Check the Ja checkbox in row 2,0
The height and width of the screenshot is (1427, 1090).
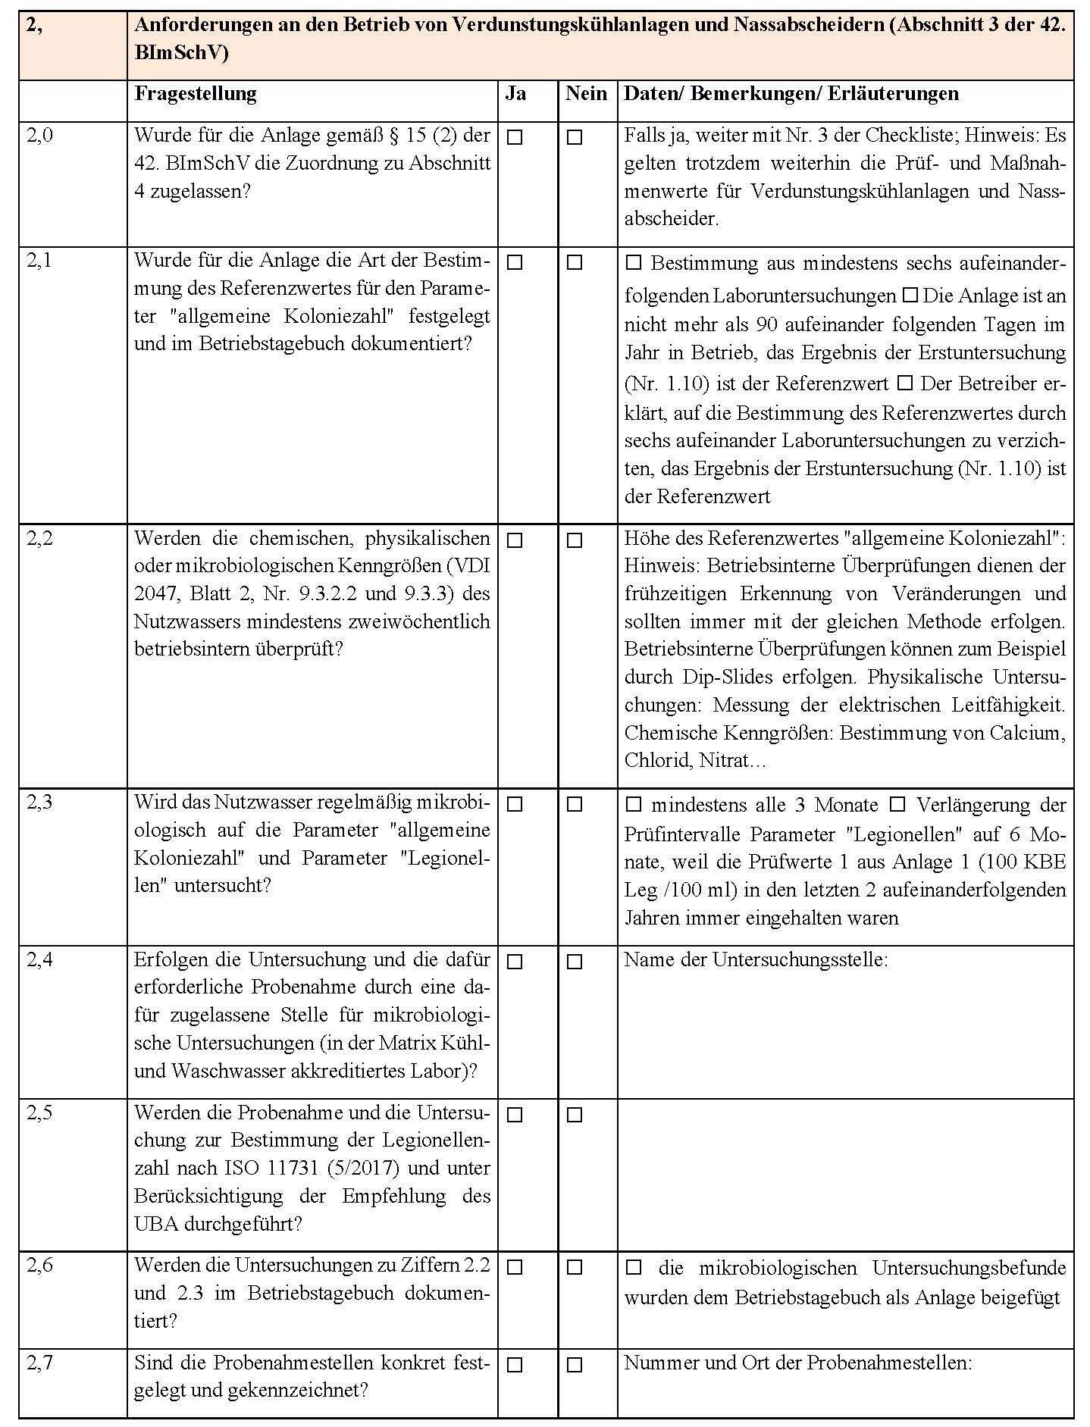[515, 138]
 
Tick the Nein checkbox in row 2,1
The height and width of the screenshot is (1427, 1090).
[575, 263]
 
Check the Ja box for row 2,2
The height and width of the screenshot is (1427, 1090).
[515, 541]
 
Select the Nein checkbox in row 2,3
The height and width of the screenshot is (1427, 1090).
[575, 805]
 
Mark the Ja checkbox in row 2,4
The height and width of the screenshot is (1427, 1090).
[515, 962]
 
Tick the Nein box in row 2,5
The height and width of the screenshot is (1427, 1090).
[575, 1116]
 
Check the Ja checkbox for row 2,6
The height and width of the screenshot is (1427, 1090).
[515, 1267]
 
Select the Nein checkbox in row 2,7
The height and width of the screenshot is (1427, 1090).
[575, 1365]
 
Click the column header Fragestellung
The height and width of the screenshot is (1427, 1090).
[196, 94]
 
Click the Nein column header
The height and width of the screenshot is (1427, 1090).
[586, 94]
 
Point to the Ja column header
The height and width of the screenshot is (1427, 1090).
[515, 94]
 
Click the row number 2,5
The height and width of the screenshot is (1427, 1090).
[40, 1112]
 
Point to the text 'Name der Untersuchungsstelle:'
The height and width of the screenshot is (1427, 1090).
[756, 959]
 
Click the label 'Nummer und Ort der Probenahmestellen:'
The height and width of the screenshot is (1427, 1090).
[797, 1363]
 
